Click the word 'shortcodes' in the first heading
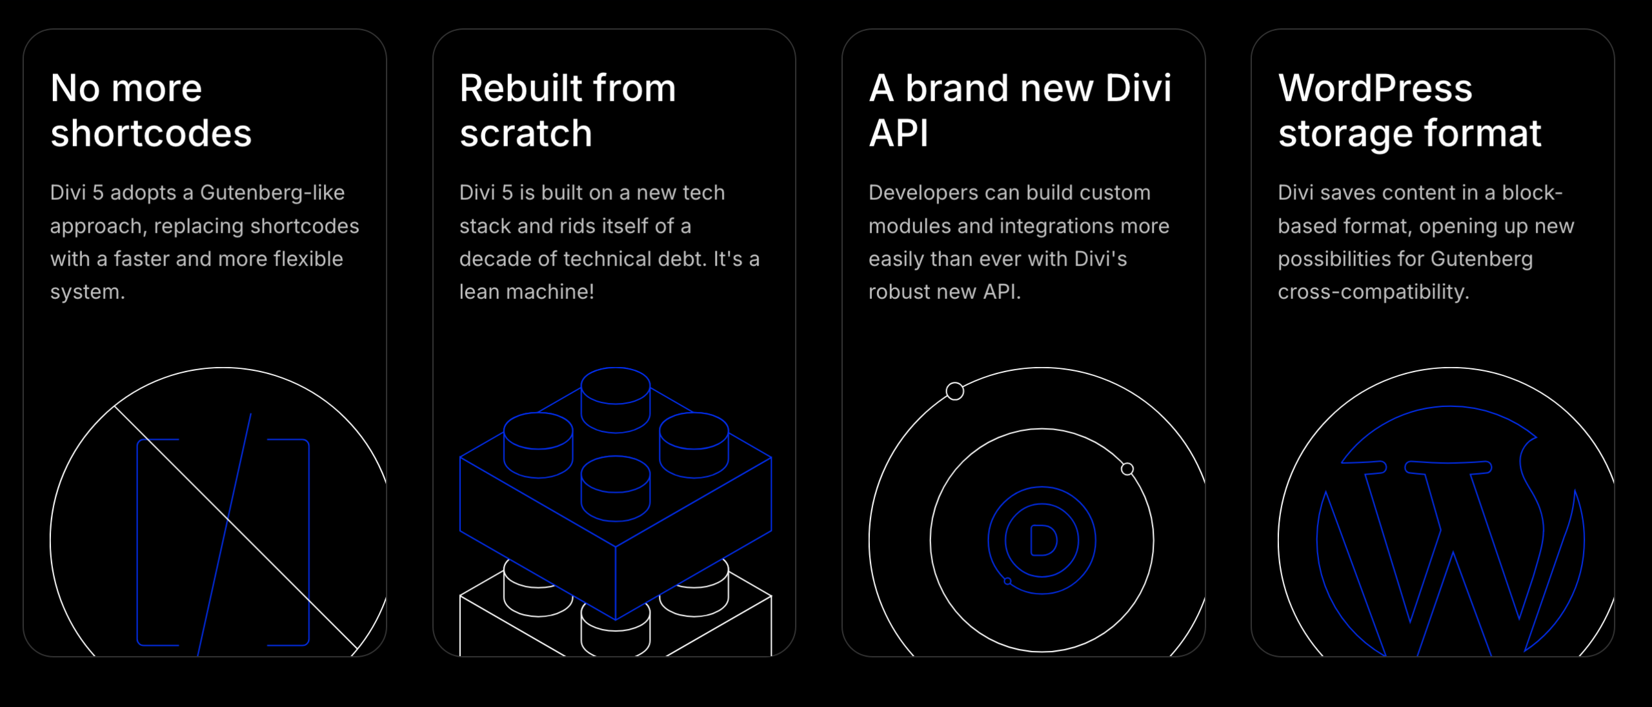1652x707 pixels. click(x=151, y=134)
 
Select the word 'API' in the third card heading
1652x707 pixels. click(x=898, y=134)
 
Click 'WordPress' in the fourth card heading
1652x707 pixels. click(x=1375, y=88)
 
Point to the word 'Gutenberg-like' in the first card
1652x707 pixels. click(x=272, y=193)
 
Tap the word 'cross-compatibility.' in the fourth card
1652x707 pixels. click(x=1373, y=292)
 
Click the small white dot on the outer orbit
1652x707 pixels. click(x=955, y=391)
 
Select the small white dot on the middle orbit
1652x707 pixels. click(x=1127, y=469)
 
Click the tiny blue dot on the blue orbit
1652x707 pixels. click(x=1007, y=581)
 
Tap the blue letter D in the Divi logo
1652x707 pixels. click(x=1042, y=541)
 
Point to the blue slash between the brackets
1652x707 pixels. click(x=225, y=535)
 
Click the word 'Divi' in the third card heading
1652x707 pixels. click(x=1138, y=88)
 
